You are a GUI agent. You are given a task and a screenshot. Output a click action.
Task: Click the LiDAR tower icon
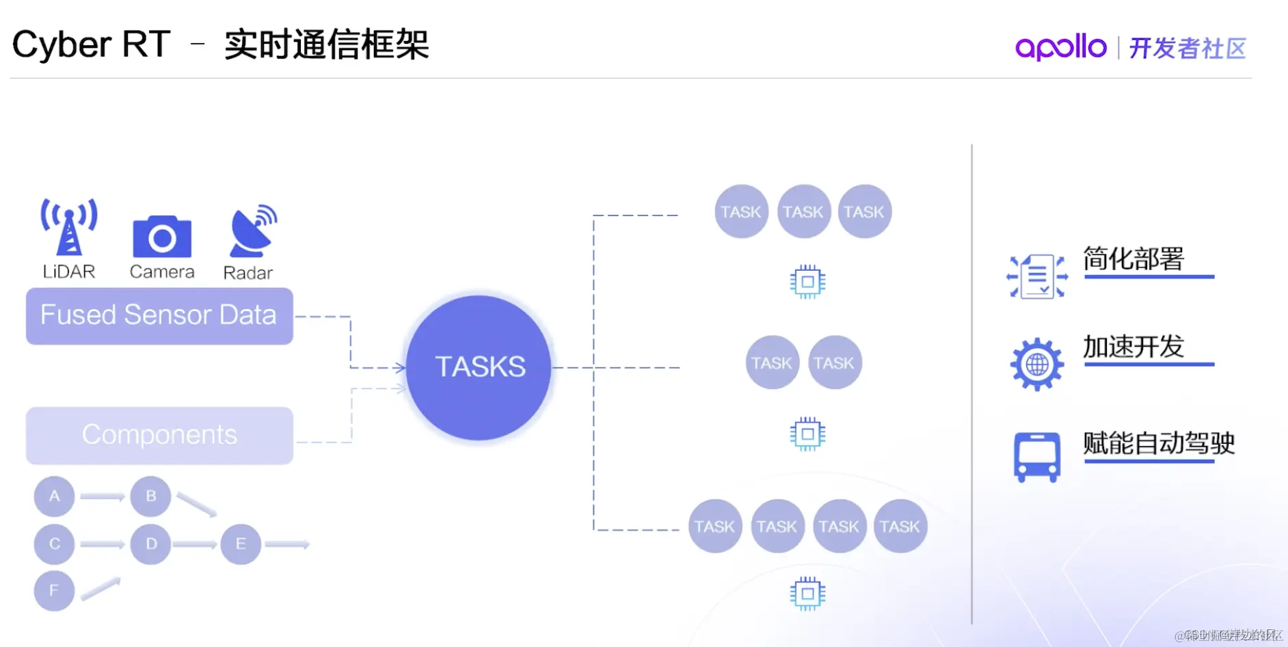coord(68,227)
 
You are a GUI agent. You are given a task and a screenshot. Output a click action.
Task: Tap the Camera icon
coord(162,237)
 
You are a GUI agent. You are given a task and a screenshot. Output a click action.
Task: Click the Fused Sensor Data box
coord(159,316)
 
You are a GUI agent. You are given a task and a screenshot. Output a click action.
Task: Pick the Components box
coord(159,436)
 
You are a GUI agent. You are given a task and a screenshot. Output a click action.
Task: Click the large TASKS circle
coord(479,367)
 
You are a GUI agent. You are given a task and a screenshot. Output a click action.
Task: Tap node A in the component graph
coord(54,496)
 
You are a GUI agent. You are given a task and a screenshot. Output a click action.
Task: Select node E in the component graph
coord(241,544)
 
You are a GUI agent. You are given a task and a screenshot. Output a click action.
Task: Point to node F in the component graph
coord(54,590)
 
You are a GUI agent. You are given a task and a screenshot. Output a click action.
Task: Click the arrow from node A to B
coord(102,497)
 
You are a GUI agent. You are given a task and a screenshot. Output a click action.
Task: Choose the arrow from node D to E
coord(195,544)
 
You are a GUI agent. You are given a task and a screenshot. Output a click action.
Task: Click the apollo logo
coord(1060,47)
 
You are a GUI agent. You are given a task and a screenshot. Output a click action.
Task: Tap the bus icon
coord(1036,457)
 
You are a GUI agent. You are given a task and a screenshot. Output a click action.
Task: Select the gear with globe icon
coord(1037,365)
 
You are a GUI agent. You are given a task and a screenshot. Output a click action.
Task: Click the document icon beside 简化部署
coord(1037,276)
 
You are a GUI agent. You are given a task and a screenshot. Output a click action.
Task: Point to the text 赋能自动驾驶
coord(1159,443)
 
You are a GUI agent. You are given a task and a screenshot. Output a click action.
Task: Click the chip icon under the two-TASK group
coord(807,434)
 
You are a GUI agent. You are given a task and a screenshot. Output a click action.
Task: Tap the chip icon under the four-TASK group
coord(807,594)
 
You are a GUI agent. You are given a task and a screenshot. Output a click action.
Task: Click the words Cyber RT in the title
coord(91,45)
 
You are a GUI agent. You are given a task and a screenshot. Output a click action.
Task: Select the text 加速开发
coord(1133,347)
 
